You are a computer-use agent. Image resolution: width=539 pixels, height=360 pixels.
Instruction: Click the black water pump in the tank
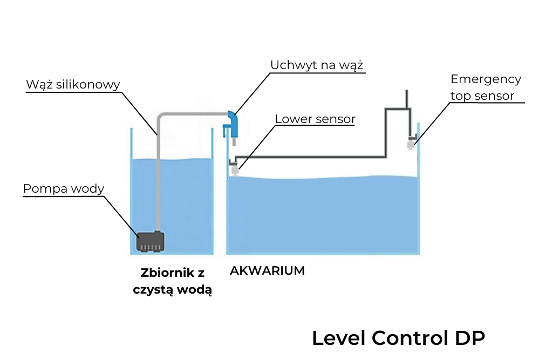[x=151, y=241]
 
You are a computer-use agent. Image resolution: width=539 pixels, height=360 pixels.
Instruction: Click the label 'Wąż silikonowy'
[x=73, y=85]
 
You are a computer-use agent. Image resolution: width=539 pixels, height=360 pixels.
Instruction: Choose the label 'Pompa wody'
[x=64, y=189]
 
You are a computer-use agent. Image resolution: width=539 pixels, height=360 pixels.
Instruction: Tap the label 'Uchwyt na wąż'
[x=317, y=65]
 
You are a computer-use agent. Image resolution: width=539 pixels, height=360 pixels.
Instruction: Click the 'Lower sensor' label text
[x=315, y=119]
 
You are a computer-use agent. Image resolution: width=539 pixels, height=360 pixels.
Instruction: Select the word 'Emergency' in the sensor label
[x=486, y=79]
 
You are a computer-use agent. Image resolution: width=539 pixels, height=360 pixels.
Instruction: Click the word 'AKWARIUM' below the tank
[x=267, y=270]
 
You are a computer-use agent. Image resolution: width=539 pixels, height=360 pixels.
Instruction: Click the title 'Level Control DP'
[x=398, y=338]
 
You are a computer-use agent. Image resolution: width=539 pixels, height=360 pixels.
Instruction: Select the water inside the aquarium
[x=324, y=216]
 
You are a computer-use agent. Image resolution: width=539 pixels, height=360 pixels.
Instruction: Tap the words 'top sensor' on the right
[x=482, y=96]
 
